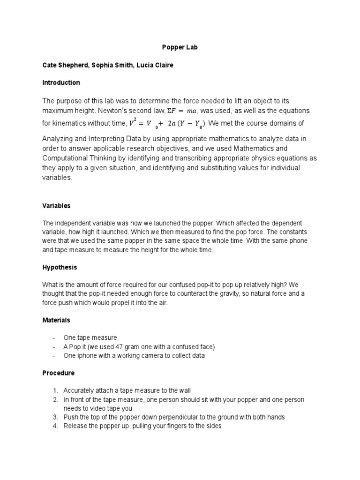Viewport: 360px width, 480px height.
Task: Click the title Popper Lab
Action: click(180, 47)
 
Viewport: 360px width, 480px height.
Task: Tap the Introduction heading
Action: click(61, 82)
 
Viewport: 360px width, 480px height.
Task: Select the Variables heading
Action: click(57, 205)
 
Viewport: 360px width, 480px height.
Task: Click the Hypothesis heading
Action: click(60, 267)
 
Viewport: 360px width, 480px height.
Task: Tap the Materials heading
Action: click(56, 320)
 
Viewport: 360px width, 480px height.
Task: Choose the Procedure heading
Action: click(58, 373)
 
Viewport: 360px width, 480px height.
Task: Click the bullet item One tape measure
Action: click(90, 337)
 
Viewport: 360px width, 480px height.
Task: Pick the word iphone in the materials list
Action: click(88, 355)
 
